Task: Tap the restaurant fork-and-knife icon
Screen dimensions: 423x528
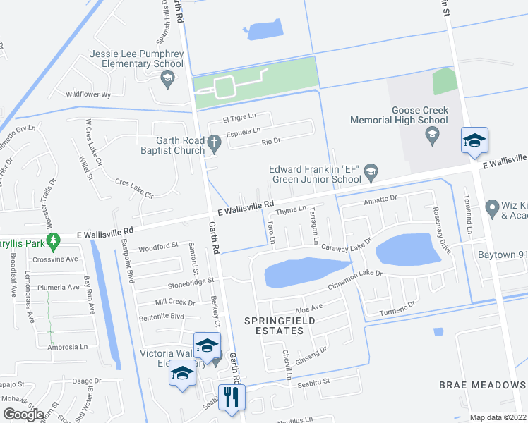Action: click(x=231, y=396)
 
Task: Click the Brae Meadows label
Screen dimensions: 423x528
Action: click(x=482, y=385)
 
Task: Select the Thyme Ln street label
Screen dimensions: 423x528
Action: click(x=291, y=209)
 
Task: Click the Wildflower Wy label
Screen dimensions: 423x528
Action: click(x=89, y=94)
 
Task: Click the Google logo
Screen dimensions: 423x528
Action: click(x=24, y=415)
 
